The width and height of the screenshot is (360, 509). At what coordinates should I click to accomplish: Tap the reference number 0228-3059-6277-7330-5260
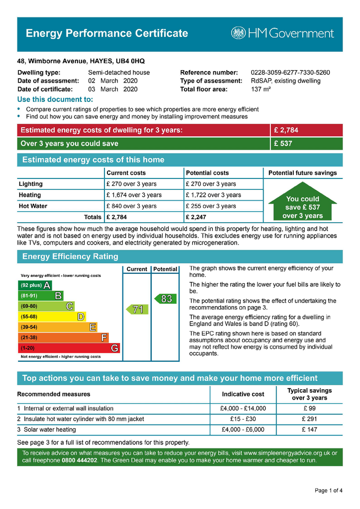[x=290, y=73]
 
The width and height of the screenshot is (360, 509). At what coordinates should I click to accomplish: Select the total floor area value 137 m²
[x=262, y=89]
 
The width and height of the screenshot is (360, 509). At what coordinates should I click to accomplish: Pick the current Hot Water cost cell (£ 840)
[x=131, y=206]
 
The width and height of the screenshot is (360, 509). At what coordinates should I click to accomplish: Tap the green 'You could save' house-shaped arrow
[x=302, y=204]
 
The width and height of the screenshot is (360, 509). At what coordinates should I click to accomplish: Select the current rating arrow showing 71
[x=136, y=309]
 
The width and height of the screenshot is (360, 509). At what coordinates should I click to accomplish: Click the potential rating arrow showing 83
[x=165, y=299]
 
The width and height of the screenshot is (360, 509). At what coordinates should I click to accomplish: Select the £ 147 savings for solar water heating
[x=309, y=429]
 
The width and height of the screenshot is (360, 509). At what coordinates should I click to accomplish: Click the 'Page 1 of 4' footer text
[x=328, y=491]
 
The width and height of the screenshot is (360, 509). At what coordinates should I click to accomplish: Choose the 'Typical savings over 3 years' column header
[x=309, y=394]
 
